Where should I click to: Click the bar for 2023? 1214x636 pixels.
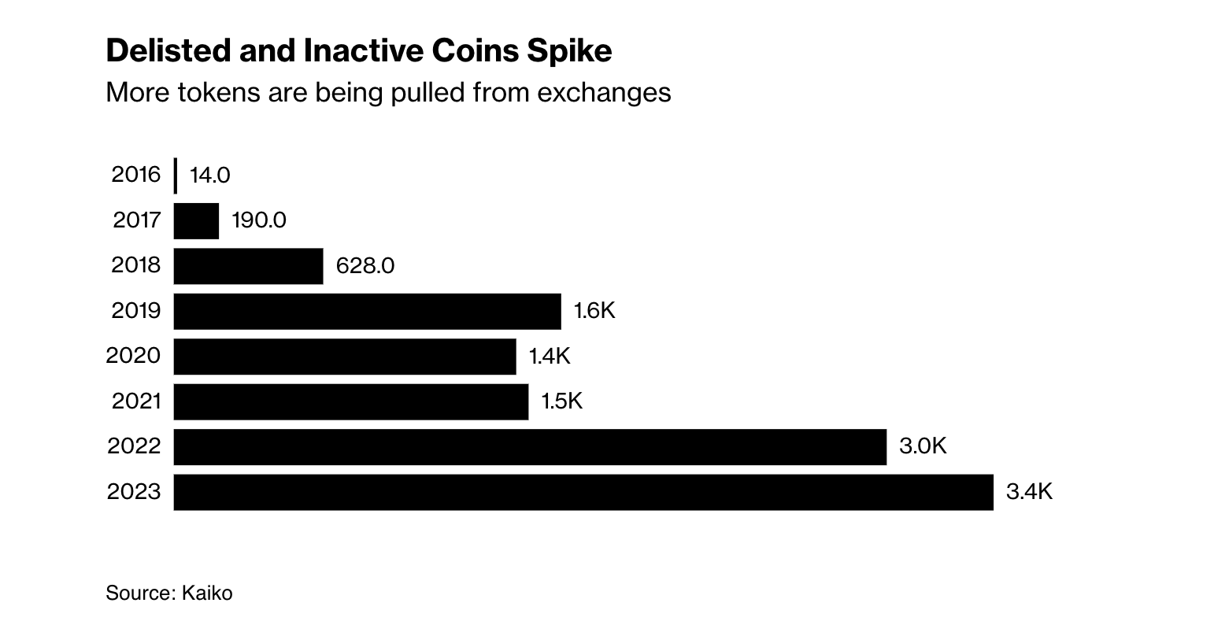point(583,492)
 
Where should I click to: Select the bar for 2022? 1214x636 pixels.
point(529,447)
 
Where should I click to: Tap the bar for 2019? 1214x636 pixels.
point(367,311)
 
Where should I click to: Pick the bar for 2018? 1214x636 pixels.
point(248,266)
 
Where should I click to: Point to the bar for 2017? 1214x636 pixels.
point(196,220)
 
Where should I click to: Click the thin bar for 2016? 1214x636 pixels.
point(175,176)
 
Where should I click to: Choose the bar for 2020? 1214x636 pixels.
point(344,357)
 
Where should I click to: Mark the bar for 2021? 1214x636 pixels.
point(350,401)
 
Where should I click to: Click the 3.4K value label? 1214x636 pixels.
point(1029,492)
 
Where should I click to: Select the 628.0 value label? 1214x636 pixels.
point(365,266)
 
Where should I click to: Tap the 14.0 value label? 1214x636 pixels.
point(209,176)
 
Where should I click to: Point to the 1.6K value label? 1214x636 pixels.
point(594,311)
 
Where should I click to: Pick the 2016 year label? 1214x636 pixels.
point(136,175)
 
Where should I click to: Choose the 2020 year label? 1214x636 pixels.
point(134,356)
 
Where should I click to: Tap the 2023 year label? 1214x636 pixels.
point(134,492)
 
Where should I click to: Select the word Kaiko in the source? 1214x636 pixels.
point(207,593)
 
